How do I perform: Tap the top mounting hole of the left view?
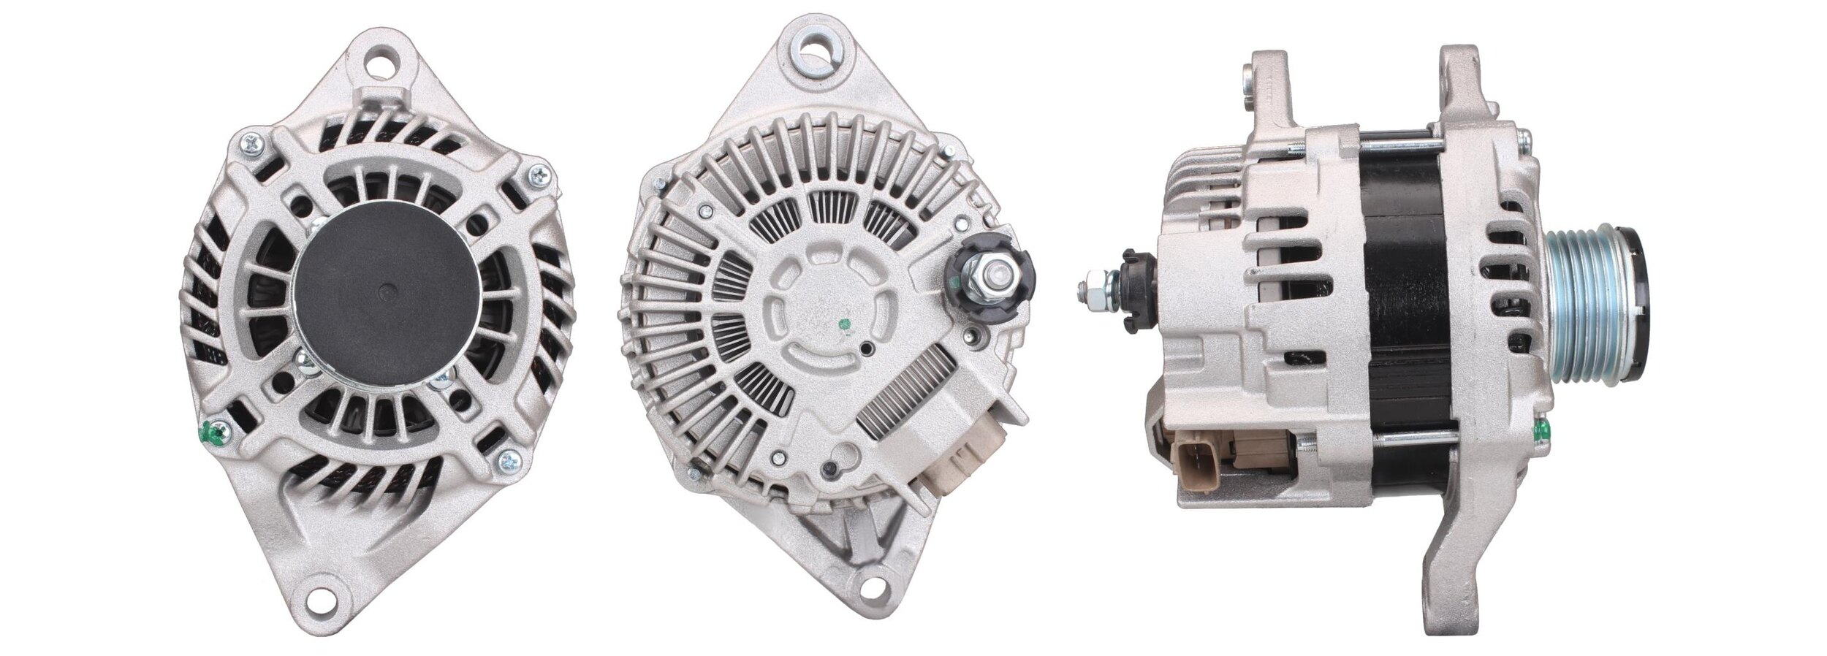[x=385, y=61]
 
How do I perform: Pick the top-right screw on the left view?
[x=539, y=175]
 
